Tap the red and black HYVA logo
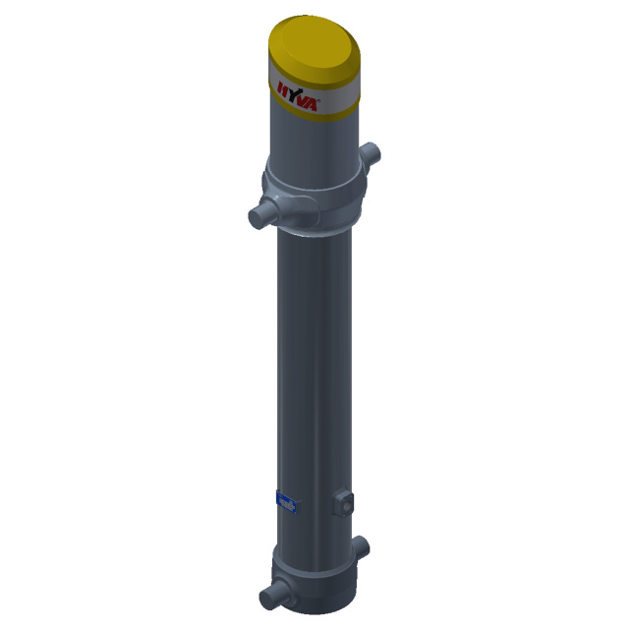tap(298, 96)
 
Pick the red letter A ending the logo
tap(312, 104)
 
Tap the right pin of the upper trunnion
tap(370, 153)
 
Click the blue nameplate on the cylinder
tap(287, 502)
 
